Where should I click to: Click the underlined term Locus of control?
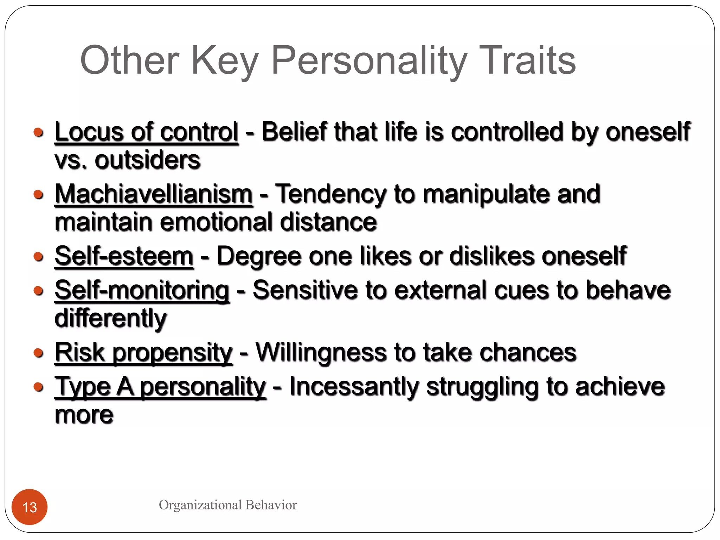coord(147,132)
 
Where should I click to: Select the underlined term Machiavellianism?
coord(154,194)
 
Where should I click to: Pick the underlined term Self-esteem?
coord(124,256)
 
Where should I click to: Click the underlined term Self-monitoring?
coord(142,290)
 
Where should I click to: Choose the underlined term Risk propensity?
coord(143,352)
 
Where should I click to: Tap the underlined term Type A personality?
coord(160,387)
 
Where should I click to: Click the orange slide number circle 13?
coord(30,507)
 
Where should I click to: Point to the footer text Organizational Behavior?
coord(228,505)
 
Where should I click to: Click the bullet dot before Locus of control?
coord(39,133)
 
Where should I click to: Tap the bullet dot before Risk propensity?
coord(39,353)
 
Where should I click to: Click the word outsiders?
coord(148,160)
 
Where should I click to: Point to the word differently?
coord(110,319)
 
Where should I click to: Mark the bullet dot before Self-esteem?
coord(39,256)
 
